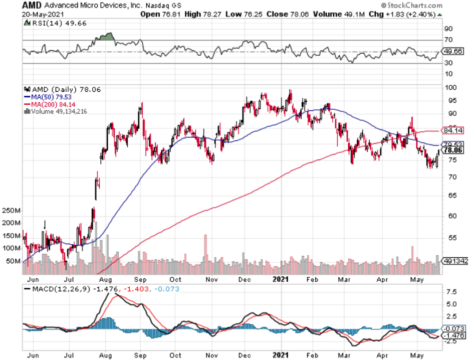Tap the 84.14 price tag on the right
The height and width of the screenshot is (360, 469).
pyautogui.click(x=453, y=130)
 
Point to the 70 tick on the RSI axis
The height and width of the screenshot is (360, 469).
pyautogui.click(x=449, y=40)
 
